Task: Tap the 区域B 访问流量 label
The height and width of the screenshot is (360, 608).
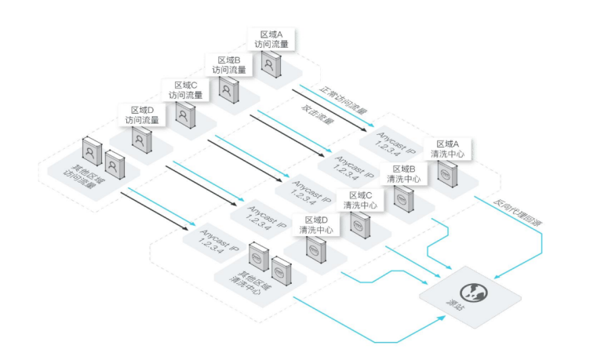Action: click(x=228, y=65)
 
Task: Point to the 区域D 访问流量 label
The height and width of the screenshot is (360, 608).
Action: click(x=142, y=115)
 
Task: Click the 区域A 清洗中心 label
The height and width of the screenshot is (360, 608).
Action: click(x=446, y=149)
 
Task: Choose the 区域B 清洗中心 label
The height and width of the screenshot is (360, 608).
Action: click(x=402, y=174)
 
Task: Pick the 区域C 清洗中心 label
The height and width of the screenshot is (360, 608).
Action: click(x=359, y=199)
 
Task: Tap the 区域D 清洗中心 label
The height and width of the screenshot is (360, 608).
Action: click(x=316, y=225)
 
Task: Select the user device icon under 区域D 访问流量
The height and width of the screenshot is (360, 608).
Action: click(x=141, y=140)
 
